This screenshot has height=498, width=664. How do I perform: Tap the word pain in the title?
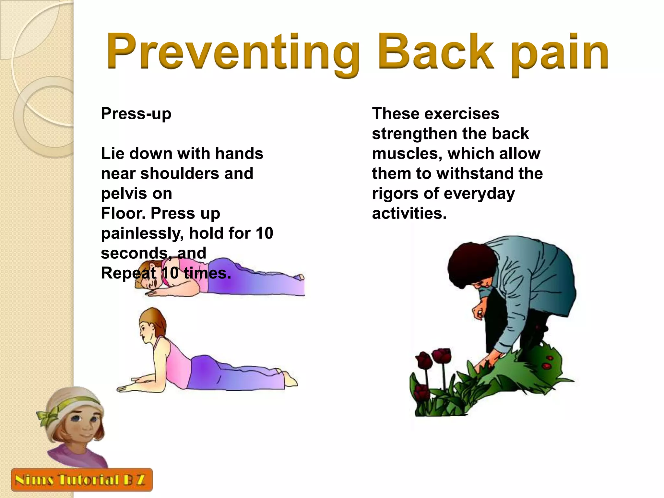(x=560, y=53)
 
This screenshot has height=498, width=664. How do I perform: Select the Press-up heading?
(x=136, y=114)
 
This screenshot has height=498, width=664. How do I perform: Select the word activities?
(x=409, y=213)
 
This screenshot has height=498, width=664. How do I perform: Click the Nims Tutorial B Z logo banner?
(x=81, y=480)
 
